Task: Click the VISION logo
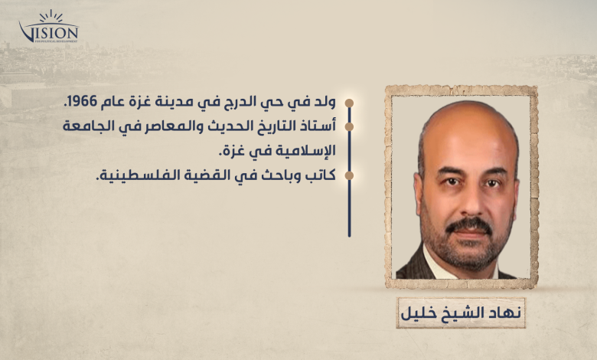coord(49,27)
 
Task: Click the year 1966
coord(81,103)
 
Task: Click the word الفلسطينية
coord(132,175)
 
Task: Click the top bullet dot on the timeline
coord(349,103)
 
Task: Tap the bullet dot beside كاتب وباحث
coord(349,175)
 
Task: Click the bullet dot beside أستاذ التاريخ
coord(349,126)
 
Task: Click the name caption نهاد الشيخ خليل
coord(461,313)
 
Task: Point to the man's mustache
coord(469,224)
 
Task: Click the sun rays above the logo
coord(51,16)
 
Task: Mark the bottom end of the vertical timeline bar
coord(349,236)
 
